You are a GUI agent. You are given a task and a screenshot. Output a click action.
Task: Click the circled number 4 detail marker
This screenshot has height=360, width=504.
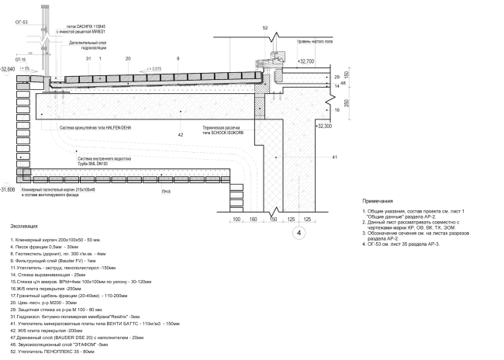tap(298, 232)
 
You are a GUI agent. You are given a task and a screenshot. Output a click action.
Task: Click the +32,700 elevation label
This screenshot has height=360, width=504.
tap(306, 61)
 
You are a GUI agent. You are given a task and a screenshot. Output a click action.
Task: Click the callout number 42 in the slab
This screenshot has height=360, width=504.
tap(181, 134)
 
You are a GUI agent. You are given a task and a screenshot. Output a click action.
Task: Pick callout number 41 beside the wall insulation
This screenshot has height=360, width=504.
tap(335, 157)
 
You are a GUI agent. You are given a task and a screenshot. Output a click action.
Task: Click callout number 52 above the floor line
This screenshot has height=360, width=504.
tap(264, 28)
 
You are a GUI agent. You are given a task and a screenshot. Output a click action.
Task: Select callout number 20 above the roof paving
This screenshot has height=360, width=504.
tap(128, 59)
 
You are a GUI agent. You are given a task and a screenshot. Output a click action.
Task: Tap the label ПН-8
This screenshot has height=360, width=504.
tap(165, 190)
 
